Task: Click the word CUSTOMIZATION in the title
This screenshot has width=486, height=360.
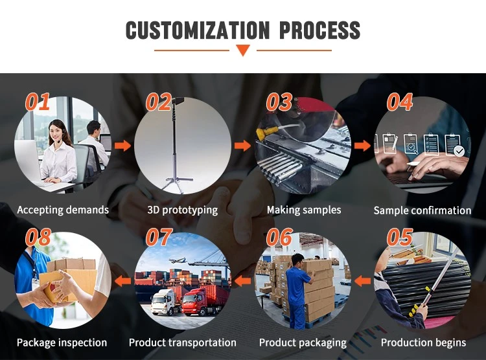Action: coord(198,30)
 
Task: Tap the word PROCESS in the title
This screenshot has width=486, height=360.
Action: coord(320,30)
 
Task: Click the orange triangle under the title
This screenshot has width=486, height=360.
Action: coord(243,51)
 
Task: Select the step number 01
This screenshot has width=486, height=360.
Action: coord(38,102)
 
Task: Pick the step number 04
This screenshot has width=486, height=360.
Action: coord(400,102)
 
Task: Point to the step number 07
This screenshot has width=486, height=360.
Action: coord(159,237)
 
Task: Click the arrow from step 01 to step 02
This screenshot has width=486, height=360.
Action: coord(122,145)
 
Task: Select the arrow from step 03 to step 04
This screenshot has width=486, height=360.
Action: coord(362,145)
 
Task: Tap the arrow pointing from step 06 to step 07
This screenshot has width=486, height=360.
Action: coord(243,281)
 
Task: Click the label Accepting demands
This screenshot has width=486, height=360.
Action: coord(63,210)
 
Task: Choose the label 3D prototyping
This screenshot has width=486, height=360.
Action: coord(183,210)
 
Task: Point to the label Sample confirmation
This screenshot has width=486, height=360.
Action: coord(422,210)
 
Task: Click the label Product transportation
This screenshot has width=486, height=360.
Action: coord(183,343)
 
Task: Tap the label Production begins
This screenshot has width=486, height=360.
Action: coord(423,343)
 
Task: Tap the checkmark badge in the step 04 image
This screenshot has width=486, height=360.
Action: coord(459,151)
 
